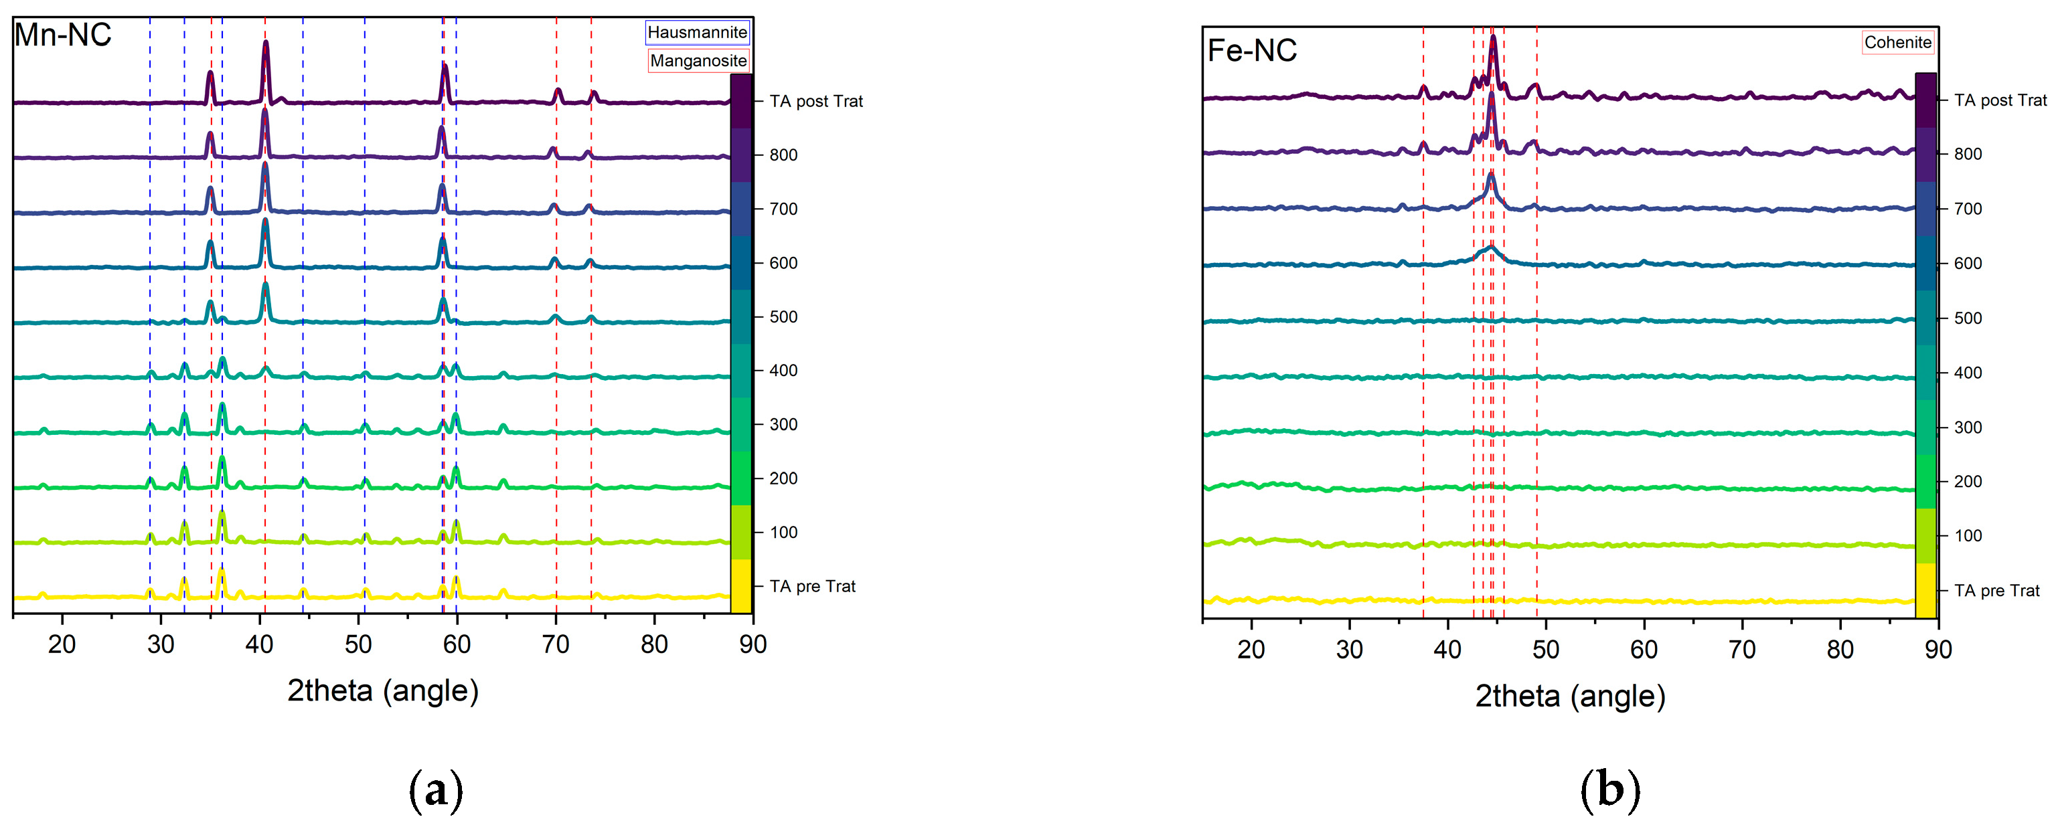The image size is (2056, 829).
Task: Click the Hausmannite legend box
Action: [x=697, y=32]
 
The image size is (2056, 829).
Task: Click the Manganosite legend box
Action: [x=698, y=61]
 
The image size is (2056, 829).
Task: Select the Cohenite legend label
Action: [x=1897, y=42]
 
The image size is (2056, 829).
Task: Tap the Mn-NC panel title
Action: [x=62, y=35]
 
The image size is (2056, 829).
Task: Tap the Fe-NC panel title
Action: [x=1251, y=51]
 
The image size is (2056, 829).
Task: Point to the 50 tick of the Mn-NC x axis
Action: [x=358, y=643]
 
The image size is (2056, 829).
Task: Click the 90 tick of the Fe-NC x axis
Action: [x=1937, y=648]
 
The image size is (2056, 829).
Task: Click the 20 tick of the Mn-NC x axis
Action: [x=62, y=643]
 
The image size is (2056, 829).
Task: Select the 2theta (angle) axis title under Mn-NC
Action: [x=382, y=690]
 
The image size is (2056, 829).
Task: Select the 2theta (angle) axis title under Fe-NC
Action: [x=1570, y=696]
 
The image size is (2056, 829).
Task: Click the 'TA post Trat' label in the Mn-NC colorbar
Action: [x=815, y=101]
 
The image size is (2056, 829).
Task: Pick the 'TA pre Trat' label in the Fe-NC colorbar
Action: [x=1996, y=590]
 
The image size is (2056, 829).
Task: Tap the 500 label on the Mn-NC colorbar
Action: [x=783, y=316]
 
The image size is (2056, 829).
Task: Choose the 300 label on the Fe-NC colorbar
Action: [x=1968, y=427]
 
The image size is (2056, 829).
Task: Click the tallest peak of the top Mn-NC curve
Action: [x=266, y=45]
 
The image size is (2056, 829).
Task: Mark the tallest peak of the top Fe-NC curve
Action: [x=1492, y=38]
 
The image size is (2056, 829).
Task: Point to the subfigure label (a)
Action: [x=435, y=790]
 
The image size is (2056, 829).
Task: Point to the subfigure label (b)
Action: [x=1610, y=790]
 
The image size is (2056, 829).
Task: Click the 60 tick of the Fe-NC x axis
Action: [x=1644, y=648]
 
